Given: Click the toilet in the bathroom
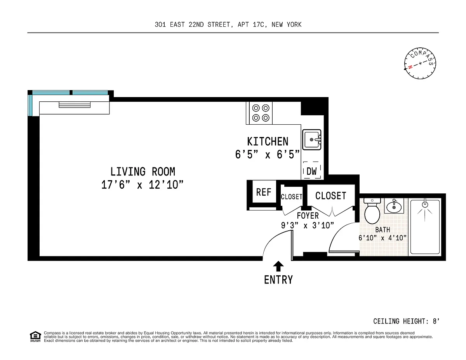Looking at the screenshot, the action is tap(372, 211).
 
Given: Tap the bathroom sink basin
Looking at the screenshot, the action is tap(394, 207).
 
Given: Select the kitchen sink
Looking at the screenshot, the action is tap(311, 139).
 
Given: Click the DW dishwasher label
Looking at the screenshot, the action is tap(311, 171).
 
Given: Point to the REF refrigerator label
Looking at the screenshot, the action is tap(264, 192).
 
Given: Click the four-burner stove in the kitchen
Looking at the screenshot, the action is tap(261, 113).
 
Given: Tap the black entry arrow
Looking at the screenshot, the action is tap(278, 266).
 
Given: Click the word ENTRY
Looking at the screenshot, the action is tap(278, 280).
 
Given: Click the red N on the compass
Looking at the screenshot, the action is tap(410, 67).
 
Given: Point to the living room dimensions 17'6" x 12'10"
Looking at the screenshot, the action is tap(142, 184).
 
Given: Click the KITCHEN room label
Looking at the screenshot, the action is tap(268, 141).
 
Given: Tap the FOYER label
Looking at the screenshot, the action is tap(308, 216).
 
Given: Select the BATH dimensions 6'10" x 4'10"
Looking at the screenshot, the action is tap(383, 238).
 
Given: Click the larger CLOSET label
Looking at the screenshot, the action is tap(331, 196).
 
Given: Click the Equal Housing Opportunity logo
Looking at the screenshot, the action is tap(35, 337).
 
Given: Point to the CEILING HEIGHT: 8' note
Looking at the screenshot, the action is tap(406, 321).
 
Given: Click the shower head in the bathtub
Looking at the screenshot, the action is tap(425, 204).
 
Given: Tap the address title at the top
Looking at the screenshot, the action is tap(228, 24).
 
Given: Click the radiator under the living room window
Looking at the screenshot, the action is tap(75, 104).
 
